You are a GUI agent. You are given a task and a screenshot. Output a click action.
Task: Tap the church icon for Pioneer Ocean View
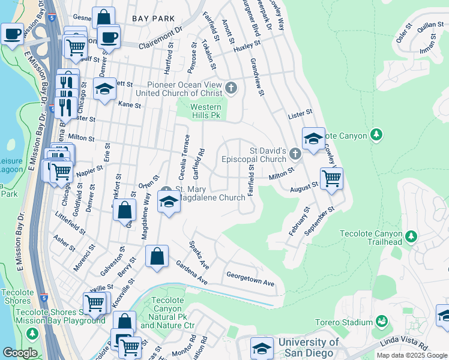click(x=232, y=89)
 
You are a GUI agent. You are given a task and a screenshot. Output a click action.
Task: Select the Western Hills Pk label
click(x=206, y=112)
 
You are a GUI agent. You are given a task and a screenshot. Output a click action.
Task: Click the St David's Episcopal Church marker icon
click(x=294, y=155)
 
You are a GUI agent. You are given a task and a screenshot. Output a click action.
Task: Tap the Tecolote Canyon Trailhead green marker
click(x=411, y=236)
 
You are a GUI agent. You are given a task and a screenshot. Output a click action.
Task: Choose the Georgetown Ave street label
click(x=250, y=279)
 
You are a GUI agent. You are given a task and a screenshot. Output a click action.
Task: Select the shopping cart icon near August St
click(x=331, y=179)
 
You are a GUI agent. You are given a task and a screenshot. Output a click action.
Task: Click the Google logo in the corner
click(x=20, y=353)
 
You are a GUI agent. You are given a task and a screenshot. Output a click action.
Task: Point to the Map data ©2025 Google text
click(x=412, y=355)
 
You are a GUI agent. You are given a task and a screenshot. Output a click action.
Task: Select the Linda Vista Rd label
click(x=405, y=347)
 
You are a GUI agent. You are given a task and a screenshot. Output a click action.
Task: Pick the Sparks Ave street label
click(x=199, y=254)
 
